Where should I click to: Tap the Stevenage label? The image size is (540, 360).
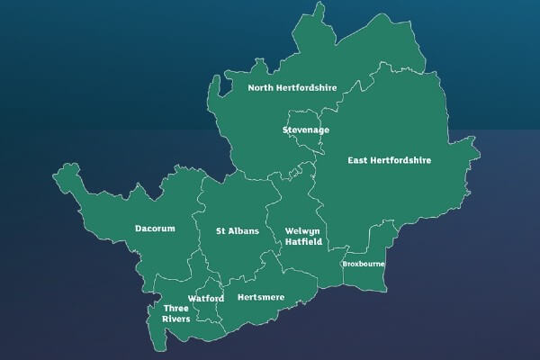305,130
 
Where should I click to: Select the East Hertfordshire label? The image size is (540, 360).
390,161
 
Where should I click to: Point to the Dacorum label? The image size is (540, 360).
155,229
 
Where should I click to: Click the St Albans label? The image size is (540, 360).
238,231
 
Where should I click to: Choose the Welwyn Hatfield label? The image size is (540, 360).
302,237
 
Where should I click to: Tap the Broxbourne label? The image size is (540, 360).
363,265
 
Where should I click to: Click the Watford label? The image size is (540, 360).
206,298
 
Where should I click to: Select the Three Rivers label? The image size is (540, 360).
175,313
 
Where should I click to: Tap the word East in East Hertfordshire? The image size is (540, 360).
361,161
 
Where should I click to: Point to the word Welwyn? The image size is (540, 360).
302,231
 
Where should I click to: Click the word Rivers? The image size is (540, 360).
175,319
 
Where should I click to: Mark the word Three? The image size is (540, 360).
175,308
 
